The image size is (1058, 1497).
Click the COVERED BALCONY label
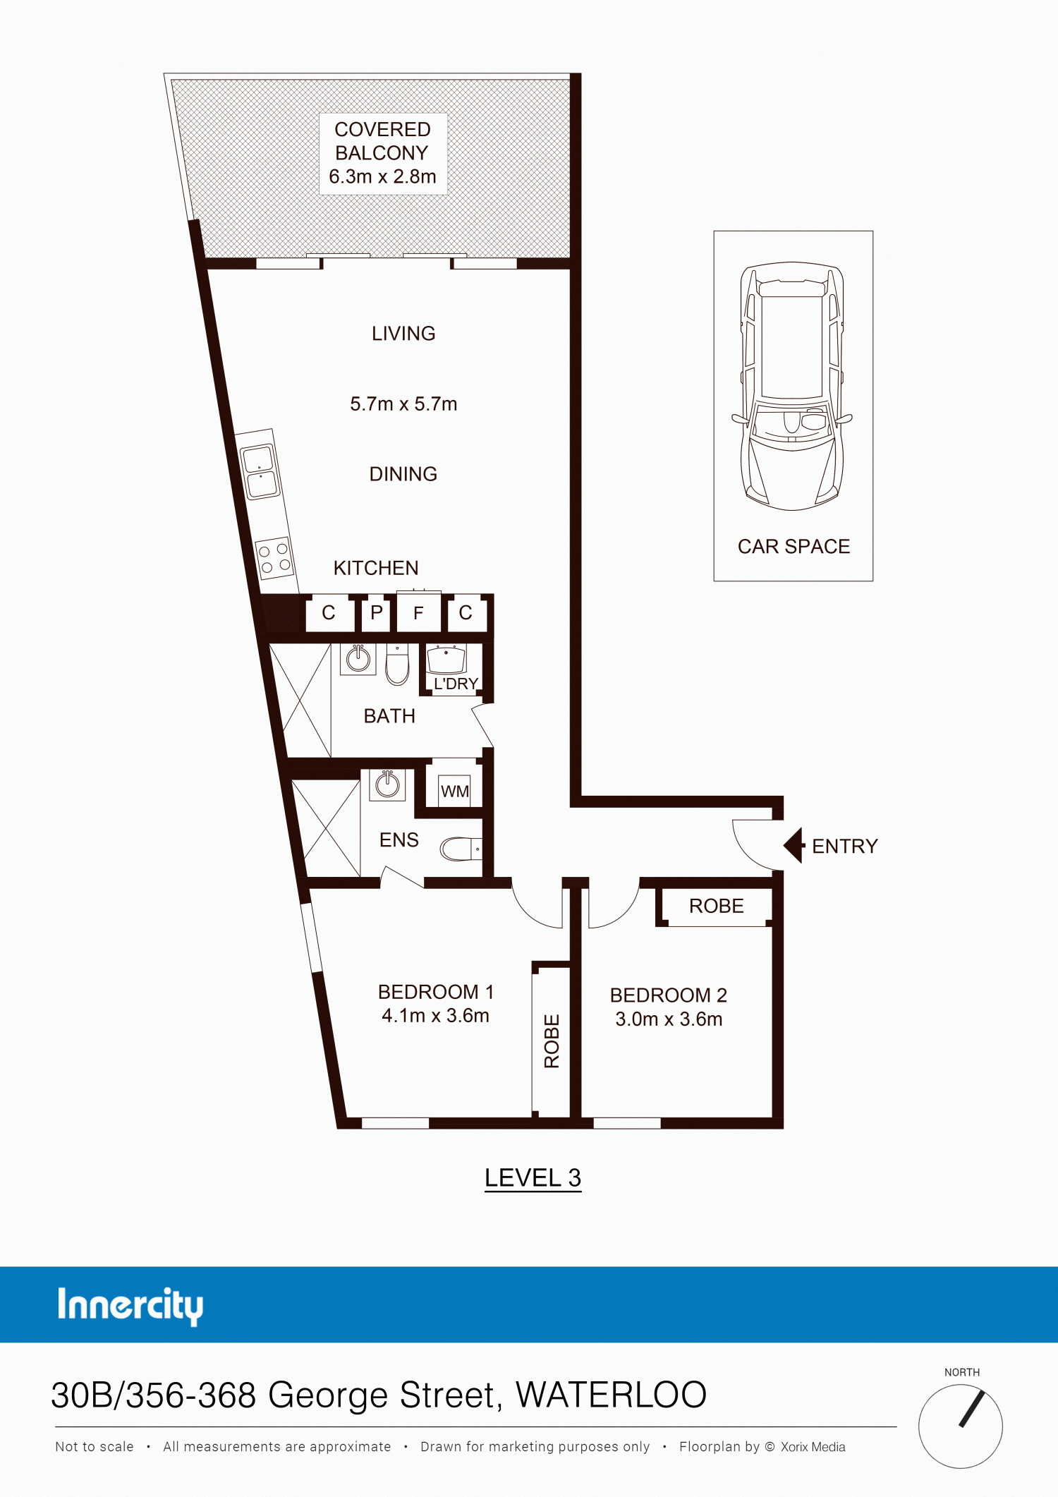click(382, 141)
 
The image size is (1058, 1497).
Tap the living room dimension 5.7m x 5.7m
click(403, 404)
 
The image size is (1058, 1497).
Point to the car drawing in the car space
click(792, 386)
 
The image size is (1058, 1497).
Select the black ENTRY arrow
click(794, 845)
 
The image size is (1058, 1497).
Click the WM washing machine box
click(454, 791)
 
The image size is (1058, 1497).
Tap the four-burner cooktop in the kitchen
click(274, 557)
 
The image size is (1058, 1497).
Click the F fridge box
click(418, 612)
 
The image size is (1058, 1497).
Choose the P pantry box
click(376, 612)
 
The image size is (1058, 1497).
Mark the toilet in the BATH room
click(397, 664)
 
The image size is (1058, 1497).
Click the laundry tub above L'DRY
click(446, 659)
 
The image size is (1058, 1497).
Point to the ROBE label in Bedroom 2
click(717, 906)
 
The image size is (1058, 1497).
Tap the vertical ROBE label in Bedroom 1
click(552, 1041)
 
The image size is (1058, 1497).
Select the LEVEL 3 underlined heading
click(533, 1178)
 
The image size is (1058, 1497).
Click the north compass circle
click(960, 1426)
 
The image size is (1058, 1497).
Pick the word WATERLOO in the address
click(611, 1395)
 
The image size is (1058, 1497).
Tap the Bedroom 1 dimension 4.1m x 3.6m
click(435, 1016)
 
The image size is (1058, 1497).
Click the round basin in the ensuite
click(387, 784)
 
